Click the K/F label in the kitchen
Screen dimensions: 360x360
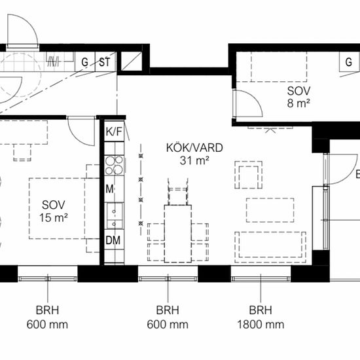[x=113, y=132]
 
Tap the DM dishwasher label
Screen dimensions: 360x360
[x=113, y=240]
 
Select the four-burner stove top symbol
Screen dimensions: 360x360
[x=114, y=166]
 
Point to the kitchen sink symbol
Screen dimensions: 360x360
[x=115, y=215]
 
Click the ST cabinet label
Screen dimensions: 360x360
[x=105, y=62]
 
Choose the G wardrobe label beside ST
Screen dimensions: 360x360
[x=84, y=62]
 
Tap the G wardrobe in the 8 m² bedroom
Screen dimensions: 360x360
[x=349, y=62]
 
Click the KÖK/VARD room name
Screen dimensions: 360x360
[x=194, y=148]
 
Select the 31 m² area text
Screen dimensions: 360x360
[x=194, y=160]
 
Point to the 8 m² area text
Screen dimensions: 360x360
[x=298, y=103]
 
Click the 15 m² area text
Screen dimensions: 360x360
[x=54, y=218]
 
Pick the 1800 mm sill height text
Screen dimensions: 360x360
[x=261, y=325]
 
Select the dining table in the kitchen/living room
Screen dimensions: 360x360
[x=178, y=234]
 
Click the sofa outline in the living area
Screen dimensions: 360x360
[x=270, y=247]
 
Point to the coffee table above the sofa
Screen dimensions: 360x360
[x=270, y=210]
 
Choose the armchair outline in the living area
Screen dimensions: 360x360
[x=249, y=175]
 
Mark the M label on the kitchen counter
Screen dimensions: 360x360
[x=109, y=189]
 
